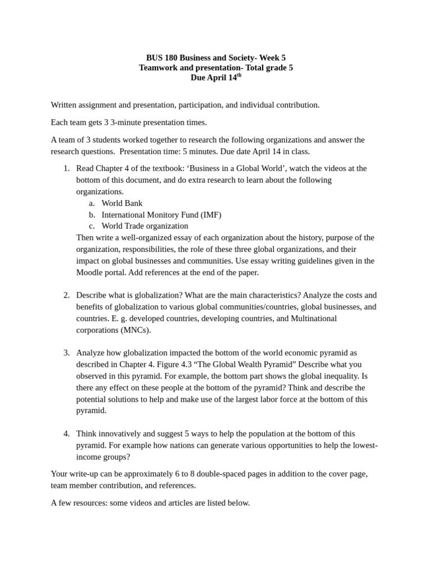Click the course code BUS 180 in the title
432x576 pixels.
tap(161, 57)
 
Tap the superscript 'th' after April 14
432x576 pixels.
tap(238, 75)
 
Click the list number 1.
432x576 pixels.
tap(66, 168)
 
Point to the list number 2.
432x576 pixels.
tap(66, 295)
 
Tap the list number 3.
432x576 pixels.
tap(66, 353)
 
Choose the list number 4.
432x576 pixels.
tap(66, 434)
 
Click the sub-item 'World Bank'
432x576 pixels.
tap(121, 203)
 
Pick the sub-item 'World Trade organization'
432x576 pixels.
tap(145, 226)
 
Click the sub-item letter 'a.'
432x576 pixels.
tap(92, 203)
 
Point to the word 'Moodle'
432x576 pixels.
tap(89, 272)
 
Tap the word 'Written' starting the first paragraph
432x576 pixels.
tap(65, 105)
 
